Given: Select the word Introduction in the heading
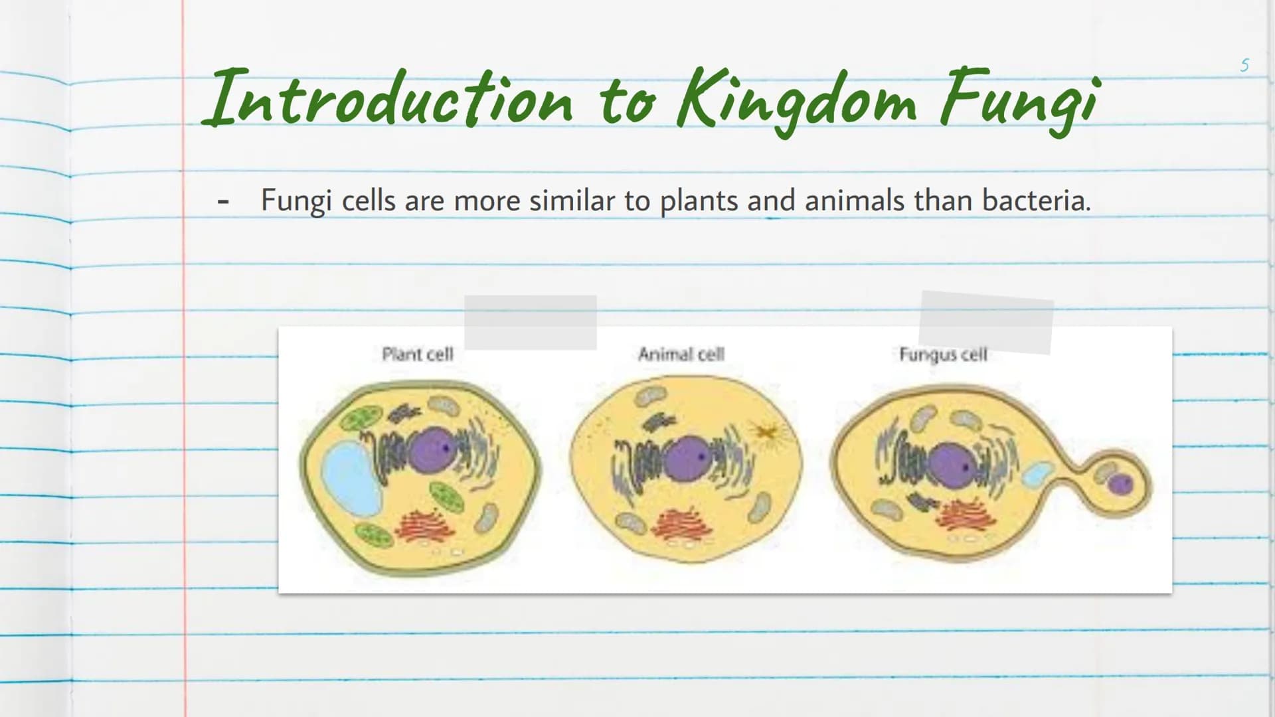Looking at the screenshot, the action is tap(388, 98).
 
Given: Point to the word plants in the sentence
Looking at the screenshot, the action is tap(699, 201).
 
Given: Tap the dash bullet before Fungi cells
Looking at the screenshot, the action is tap(223, 200).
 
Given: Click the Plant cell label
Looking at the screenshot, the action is tap(418, 354).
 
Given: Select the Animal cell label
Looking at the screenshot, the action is tap(681, 354).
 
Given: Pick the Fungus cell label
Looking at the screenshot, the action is tap(943, 355).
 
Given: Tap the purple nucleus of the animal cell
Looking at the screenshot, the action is tap(688, 458).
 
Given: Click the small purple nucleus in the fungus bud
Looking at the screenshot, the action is tap(1121, 483).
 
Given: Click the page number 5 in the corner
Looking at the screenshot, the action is tap(1244, 65).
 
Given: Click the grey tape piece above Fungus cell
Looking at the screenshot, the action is tap(986, 322).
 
